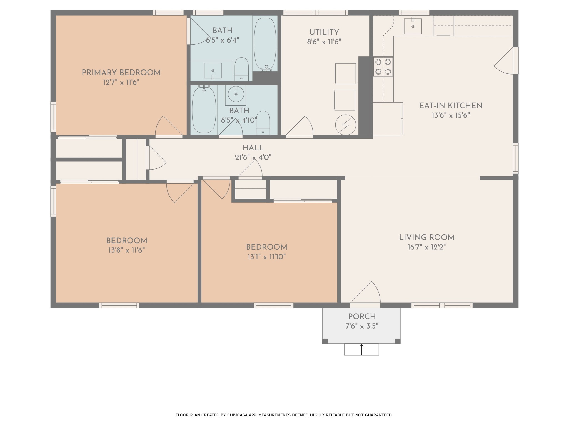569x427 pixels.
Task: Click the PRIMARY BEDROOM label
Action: [121, 73]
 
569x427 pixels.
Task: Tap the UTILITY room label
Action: [324, 32]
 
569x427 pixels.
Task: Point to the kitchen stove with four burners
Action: [383, 67]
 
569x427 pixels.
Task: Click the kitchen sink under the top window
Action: [413, 26]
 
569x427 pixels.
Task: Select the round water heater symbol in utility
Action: [345, 125]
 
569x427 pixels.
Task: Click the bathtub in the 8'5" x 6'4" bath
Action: [265, 43]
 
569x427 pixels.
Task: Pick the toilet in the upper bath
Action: [241, 69]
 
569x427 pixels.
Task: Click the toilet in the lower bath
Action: [263, 123]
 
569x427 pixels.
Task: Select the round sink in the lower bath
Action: [236, 94]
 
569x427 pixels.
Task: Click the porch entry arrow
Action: [361, 349]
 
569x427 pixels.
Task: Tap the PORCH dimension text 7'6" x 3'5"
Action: [362, 326]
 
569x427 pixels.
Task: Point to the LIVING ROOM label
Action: [427, 237]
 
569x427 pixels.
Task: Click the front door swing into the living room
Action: [365, 292]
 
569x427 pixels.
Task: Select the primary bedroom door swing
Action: [169, 126]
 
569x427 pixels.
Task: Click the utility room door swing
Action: [300, 126]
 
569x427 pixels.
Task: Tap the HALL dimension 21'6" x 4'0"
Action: [253, 157]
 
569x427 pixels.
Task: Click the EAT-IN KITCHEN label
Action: [451, 106]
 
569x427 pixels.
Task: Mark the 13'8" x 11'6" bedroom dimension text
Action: [127, 250]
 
